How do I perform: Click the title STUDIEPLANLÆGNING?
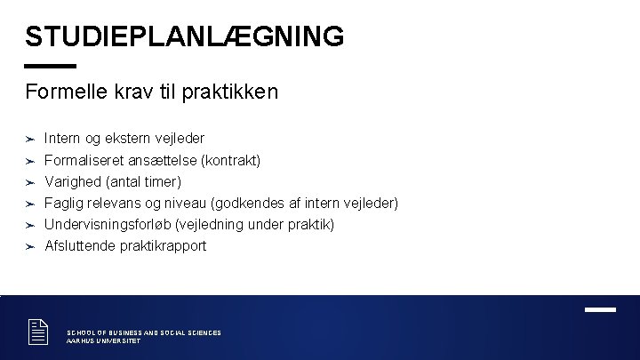pos(184,36)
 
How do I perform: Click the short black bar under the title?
pos(51,66)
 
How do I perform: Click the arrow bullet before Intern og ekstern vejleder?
pos(29,139)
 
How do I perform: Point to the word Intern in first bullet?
pos(60,139)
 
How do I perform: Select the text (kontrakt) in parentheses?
pos(230,161)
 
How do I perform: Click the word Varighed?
pos(73,182)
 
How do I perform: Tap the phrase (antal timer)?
pos(143,182)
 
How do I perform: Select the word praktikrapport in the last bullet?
pos(162,246)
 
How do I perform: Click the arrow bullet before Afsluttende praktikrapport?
pos(29,246)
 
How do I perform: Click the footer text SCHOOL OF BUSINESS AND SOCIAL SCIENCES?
pos(144,332)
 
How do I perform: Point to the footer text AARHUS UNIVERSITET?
pos(103,340)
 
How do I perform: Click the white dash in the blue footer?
pos(600,309)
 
